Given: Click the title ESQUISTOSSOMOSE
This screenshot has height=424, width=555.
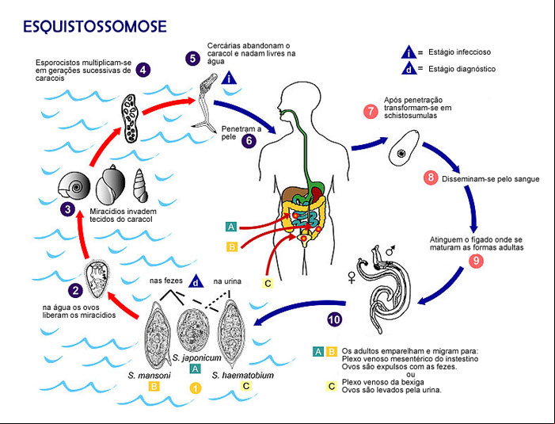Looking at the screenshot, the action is (x=95, y=27).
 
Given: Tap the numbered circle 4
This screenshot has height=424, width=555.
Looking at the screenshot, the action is (x=143, y=70).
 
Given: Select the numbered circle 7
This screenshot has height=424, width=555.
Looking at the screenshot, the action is (x=371, y=111).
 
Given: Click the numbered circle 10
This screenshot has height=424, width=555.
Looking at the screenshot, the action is (x=334, y=320).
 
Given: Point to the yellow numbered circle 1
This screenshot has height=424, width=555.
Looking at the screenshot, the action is (x=195, y=388).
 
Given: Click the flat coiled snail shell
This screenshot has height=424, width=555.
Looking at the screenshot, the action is (x=74, y=185).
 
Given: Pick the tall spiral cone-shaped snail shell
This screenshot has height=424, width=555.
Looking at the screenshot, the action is (x=140, y=185).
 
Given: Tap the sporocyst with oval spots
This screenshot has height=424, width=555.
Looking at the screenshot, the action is (x=130, y=118).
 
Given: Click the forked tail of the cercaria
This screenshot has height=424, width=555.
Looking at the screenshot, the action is (x=205, y=126).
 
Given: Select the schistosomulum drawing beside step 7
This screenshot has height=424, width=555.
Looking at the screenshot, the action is (x=404, y=147).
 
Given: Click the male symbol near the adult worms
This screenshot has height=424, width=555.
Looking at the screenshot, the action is (x=390, y=250).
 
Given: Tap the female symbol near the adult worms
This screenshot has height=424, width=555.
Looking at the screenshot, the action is (x=352, y=277).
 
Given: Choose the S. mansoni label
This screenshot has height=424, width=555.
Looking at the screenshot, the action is (x=149, y=375).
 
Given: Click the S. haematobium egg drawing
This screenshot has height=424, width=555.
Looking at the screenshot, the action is (x=232, y=334).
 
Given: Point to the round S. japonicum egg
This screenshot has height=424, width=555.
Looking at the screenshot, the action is (x=192, y=330).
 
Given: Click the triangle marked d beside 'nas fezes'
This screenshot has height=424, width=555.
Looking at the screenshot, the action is (x=196, y=281).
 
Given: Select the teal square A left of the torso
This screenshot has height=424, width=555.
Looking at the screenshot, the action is (x=231, y=227).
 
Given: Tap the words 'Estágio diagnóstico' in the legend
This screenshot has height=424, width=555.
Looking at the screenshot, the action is (x=462, y=69).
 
